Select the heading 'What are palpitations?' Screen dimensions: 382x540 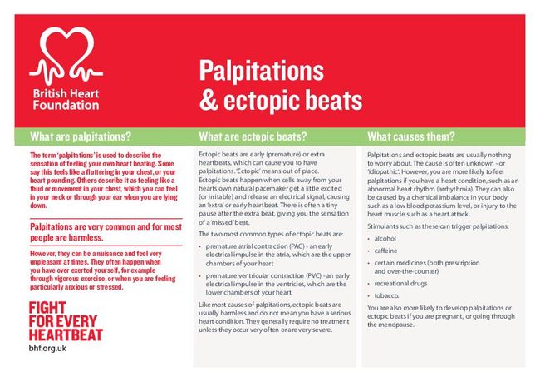point(80,136)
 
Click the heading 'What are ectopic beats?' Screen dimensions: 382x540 point(253,136)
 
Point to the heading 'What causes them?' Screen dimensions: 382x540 point(411,136)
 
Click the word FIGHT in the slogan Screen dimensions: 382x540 point(47,308)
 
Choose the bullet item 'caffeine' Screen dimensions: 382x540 point(386,251)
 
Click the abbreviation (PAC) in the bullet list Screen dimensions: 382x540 point(301,247)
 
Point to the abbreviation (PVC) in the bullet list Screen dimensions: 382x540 point(311,275)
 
